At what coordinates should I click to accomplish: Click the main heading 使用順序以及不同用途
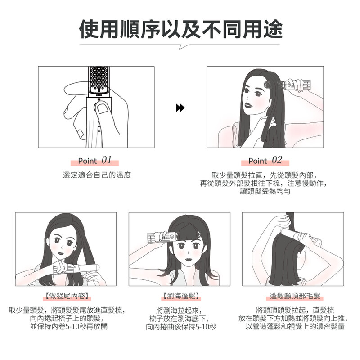pos(181,29)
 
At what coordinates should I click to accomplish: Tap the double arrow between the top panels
pos(180,108)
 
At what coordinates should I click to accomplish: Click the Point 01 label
pos(95,160)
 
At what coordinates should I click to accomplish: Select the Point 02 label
pos(265,160)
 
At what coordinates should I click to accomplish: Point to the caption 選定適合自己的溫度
pos(97,175)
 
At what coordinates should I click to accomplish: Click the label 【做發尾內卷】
pos(67,296)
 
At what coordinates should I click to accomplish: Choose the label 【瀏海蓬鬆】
pos(181,296)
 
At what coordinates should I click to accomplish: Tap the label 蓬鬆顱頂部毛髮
pos(295,296)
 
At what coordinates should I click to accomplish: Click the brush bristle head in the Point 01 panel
pos(99,81)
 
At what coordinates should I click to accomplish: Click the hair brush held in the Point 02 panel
pos(287,84)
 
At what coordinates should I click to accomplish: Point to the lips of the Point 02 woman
pos(248,105)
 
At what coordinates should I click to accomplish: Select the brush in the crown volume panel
pos(301,237)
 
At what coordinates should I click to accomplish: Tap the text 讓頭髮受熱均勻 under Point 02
pos(265,191)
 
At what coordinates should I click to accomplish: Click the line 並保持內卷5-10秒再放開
pos(69,326)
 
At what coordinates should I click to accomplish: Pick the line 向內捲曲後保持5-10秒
pos(181,326)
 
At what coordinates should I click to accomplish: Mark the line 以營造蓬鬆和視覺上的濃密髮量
pos(295,326)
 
